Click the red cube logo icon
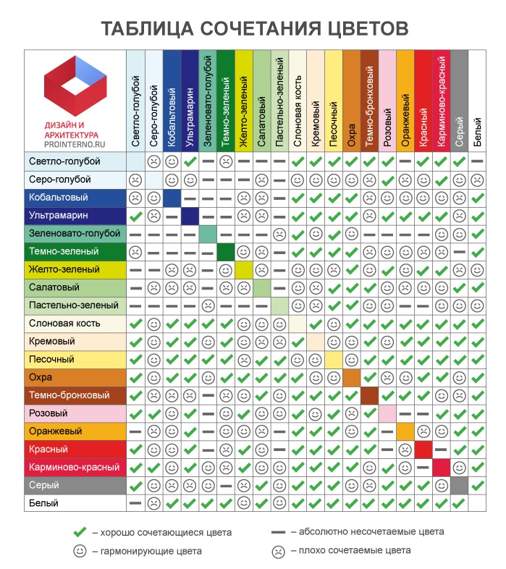[x=75, y=87]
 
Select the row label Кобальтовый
[x=59, y=198]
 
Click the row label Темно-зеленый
[x=64, y=252]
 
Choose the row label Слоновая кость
[x=65, y=324]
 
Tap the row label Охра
[x=40, y=377]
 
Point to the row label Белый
[x=43, y=503]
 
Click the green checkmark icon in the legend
[x=80, y=532]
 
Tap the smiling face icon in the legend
[x=80, y=551]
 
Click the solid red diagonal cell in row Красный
[x=423, y=450]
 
